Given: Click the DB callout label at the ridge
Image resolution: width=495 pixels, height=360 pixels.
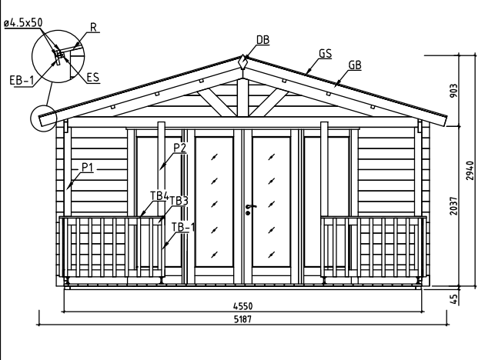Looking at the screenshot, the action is tap(263, 40).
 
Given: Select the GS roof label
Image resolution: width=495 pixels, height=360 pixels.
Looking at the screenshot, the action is tap(325, 53).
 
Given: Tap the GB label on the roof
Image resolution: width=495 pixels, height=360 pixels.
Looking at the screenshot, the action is tap(355, 65).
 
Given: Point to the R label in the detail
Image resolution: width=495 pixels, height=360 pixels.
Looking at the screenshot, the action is tap(93, 28).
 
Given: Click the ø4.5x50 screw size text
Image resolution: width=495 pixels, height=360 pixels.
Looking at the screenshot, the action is tap(23, 23).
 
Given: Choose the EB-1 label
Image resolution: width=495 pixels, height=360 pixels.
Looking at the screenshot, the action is tap(21, 80).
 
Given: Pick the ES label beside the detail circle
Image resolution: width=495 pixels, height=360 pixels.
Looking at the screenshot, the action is tap(93, 77).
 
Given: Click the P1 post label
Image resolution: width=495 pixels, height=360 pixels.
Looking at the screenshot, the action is tap(88, 167).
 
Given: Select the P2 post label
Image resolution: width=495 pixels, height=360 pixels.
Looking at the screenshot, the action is tap(179, 148).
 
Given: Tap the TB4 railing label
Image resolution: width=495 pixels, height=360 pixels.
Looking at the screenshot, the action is tap(159, 195).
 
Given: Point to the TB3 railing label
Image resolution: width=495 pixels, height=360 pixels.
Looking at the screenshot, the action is tap(179, 201).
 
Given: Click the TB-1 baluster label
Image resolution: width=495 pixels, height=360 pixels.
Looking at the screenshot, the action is tap(183, 227).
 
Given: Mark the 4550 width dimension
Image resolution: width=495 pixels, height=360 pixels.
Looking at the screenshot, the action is tap(242, 306).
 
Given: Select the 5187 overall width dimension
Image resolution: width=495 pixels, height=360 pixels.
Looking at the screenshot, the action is tap(242, 319).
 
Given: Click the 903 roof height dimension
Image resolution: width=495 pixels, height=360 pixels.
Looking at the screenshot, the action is tap(453, 91).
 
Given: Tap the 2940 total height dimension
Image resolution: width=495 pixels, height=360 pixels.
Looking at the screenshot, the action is tap(470, 170).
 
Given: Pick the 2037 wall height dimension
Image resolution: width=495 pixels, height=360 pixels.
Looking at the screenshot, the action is tap(453, 206).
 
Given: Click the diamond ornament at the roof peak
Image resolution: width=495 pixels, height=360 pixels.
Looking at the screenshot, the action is tap(242, 62).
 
